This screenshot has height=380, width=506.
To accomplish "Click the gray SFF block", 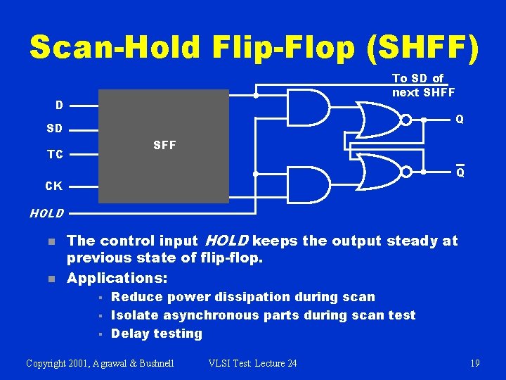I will (164, 146).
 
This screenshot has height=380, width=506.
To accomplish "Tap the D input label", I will (60, 106).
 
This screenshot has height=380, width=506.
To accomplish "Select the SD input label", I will (54, 129).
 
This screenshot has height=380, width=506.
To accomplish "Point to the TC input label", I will (55, 154).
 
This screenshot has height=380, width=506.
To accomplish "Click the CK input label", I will (53, 186).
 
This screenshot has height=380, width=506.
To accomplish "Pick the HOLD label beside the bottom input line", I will (46, 213).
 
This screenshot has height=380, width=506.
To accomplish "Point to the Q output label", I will (460, 120).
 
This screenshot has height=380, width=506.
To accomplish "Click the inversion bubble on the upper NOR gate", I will (406, 120).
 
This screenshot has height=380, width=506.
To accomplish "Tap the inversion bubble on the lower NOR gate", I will (406, 172).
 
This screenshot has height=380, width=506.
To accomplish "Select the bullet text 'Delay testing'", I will (157, 334).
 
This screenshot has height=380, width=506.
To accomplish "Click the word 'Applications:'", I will (117, 278).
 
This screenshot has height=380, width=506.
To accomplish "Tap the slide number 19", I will (475, 363).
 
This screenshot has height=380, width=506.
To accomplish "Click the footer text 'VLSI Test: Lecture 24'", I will (253, 363).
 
